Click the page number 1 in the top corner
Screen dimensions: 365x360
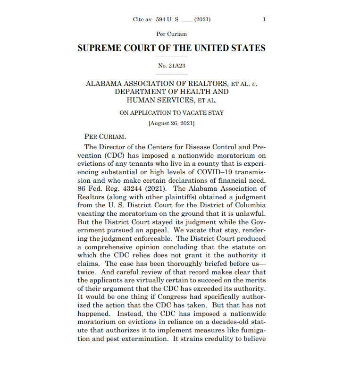click(264, 19)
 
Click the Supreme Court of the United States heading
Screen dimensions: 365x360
click(171, 48)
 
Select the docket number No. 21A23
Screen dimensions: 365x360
click(172, 66)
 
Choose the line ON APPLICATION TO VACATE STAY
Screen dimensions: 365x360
click(171, 112)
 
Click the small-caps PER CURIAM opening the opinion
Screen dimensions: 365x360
click(105, 136)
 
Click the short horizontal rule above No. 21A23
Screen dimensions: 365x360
click(172, 57)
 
